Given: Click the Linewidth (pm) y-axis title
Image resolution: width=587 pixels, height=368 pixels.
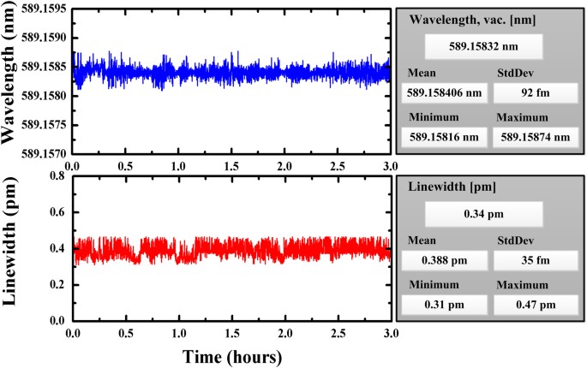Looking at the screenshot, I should coord(12,248).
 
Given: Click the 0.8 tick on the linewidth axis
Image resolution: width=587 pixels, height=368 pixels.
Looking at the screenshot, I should coord(57,175).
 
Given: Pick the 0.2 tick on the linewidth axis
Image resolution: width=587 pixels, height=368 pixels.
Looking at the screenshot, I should coord(57,285).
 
